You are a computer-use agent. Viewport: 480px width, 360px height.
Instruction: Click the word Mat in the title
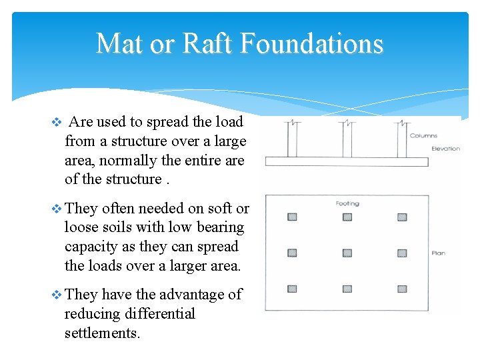[117, 44]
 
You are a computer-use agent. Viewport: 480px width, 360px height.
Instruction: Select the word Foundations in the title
[311, 44]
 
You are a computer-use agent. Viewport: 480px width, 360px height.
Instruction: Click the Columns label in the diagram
[424, 135]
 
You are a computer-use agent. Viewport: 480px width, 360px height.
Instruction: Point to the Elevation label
[445, 149]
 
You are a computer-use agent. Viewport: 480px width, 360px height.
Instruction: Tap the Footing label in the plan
[347, 203]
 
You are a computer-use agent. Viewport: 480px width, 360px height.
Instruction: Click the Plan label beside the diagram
[438, 253]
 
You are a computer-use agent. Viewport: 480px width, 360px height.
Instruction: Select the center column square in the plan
[347, 253]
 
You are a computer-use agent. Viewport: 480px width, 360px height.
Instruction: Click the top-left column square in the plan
[292, 217]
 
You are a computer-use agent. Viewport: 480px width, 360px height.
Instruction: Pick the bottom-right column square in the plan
[402, 289]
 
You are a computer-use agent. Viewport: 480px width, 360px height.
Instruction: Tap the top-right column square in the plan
[402, 217]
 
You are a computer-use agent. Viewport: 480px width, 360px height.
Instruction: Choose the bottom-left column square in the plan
[292, 289]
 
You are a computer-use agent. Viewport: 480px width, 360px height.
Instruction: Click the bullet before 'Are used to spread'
[56, 122]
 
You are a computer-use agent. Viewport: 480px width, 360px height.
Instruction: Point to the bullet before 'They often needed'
[56, 209]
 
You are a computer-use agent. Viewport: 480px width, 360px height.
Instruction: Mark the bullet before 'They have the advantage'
[56, 295]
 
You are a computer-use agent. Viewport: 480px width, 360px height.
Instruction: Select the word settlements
[102, 332]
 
